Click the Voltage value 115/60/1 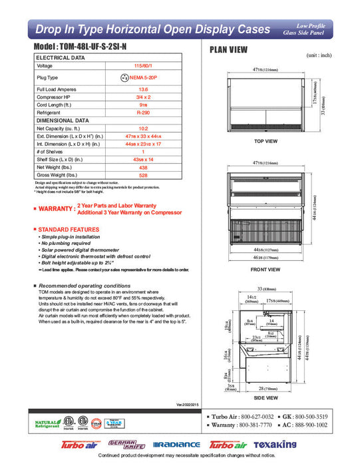tap(142, 67)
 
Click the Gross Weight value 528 tap(142, 175)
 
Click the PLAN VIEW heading tap(228, 49)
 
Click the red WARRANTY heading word tap(56, 209)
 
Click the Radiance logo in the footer tap(176, 444)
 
